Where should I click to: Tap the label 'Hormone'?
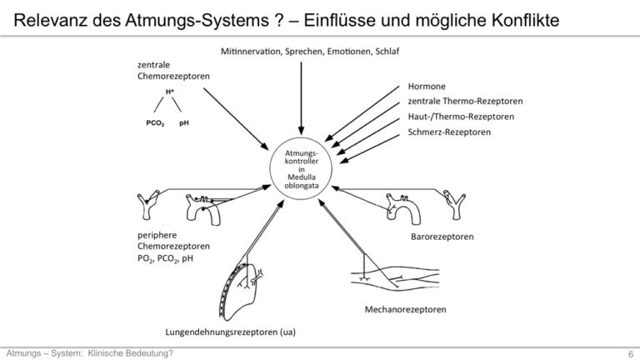click(427, 87)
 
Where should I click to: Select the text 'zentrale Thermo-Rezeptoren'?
click(465, 101)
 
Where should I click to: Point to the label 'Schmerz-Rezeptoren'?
click(449, 132)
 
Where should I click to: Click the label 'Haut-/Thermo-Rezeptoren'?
click(461, 117)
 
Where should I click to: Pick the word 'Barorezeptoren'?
click(442, 237)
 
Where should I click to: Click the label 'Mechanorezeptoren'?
click(405, 309)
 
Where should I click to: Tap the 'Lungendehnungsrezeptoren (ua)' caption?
click(230, 332)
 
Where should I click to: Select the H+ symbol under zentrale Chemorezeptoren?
click(170, 92)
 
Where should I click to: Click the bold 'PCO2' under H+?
click(155, 123)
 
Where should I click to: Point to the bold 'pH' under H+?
click(183, 123)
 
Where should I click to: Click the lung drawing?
click(241, 291)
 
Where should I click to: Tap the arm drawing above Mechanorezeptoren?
click(395, 278)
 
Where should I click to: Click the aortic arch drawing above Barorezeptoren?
click(402, 209)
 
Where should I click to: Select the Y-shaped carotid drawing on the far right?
click(454, 204)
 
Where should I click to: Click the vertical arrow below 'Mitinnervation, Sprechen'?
click(301, 98)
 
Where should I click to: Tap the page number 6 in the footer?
click(631, 353)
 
